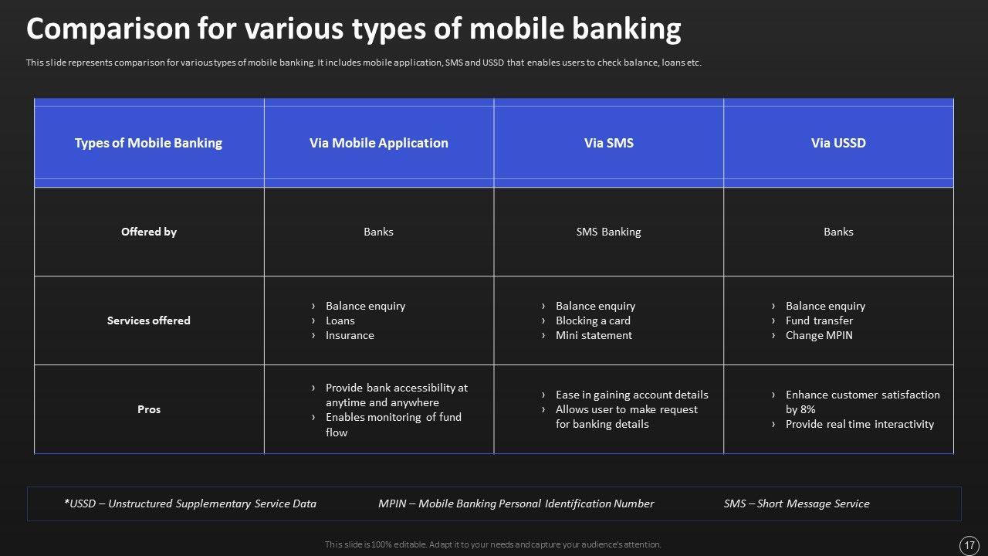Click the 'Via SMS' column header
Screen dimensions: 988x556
coord(609,143)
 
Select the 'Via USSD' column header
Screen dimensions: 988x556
coord(838,143)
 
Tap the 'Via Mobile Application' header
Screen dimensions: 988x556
coord(378,143)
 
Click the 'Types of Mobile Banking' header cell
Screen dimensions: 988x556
coord(149,143)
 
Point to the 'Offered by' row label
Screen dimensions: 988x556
coord(149,232)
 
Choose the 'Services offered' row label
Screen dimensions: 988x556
coord(149,320)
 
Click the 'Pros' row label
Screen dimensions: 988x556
coord(149,409)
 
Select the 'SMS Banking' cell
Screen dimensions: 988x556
coord(609,232)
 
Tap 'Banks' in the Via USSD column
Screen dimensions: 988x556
coord(838,232)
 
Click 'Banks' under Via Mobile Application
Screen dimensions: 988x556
coord(378,232)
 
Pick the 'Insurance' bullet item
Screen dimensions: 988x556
coord(350,335)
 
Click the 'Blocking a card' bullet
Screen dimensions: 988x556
coord(593,320)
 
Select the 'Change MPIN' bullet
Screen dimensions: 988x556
coord(819,335)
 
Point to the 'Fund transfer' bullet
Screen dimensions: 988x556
coord(819,320)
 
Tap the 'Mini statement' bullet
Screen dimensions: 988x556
coord(594,335)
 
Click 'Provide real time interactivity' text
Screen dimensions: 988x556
coord(860,424)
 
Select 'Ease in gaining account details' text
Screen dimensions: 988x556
coord(631,395)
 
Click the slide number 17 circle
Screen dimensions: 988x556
coord(969,546)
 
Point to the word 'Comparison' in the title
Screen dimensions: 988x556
coord(108,29)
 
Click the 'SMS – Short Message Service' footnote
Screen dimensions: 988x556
coord(797,503)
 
